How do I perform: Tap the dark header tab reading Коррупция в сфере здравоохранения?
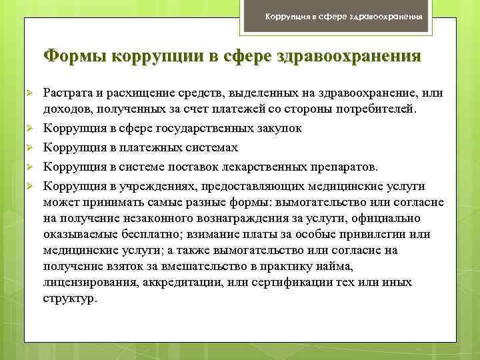(x=343, y=16)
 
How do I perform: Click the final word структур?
(x=69, y=298)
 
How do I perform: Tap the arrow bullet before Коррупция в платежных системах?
(x=29, y=147)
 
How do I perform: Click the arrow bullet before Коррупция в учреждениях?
(x=29, y=186)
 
